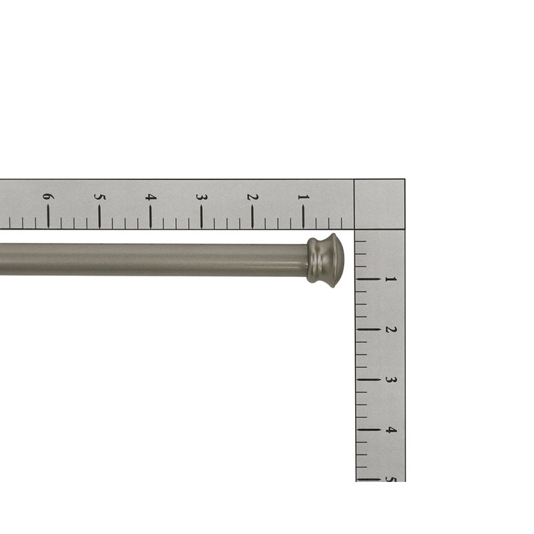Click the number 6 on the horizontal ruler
48,196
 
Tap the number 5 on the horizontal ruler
99,197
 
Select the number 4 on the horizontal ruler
151,197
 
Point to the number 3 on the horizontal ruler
202,197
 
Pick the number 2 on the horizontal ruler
252,197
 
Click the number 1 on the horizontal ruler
303,197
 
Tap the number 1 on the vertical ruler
390,279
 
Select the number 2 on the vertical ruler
391,330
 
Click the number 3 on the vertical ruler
391,379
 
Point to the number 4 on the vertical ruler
391,430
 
